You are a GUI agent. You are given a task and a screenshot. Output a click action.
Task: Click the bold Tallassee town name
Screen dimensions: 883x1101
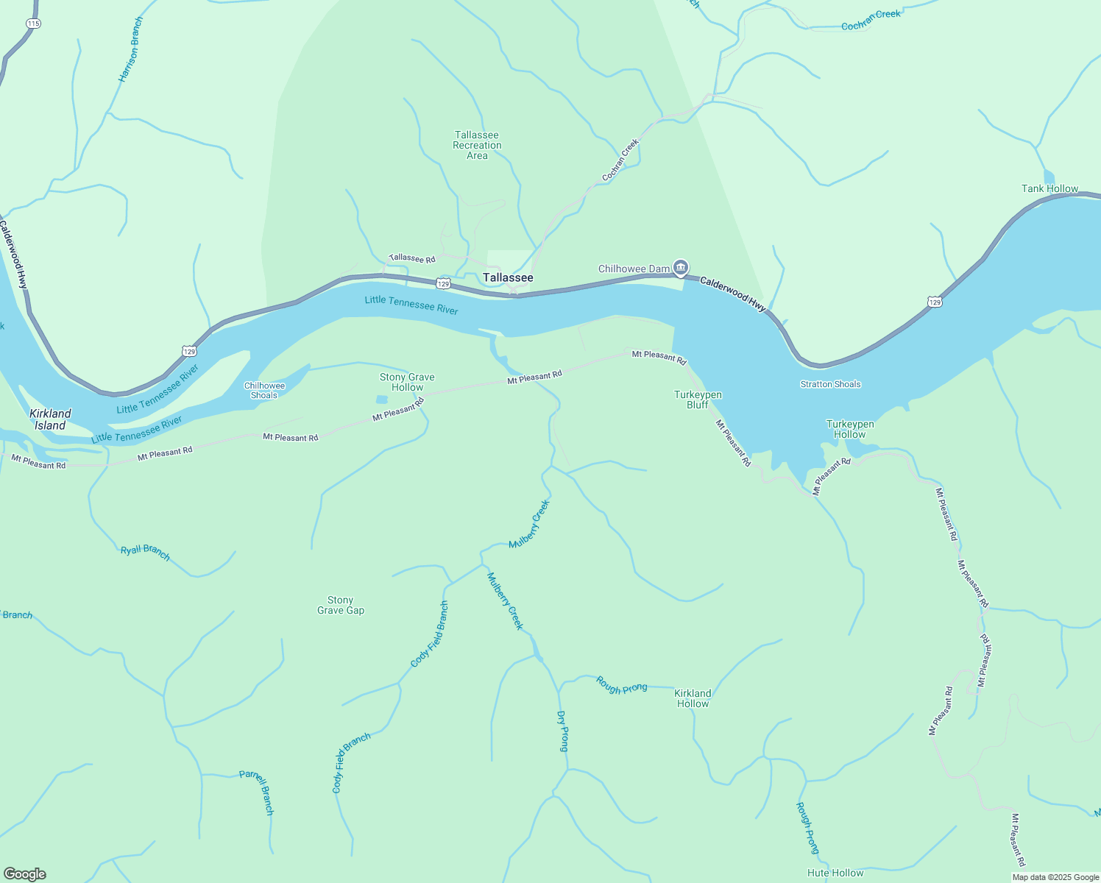click(x=508, y=277)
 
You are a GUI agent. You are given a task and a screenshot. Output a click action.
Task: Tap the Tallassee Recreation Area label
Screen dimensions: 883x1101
click(x=477, y=145)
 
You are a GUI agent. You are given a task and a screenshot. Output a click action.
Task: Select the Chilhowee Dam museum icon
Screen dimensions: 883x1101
click(x=681, y=267)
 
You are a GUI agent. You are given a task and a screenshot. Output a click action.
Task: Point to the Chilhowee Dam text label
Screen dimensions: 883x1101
click(x=634, y=269)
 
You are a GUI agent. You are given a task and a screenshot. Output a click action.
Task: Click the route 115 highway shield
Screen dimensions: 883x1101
click(x=33, y=24)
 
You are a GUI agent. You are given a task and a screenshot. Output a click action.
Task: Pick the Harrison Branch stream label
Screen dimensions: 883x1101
click(x=130, y=49)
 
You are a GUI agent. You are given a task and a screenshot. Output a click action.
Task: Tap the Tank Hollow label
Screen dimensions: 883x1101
click(x=1049, y=188)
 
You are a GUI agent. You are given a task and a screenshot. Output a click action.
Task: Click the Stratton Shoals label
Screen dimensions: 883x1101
click(x=830, y=384)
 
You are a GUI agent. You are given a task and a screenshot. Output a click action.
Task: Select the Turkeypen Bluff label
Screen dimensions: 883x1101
click(x=698, y=400)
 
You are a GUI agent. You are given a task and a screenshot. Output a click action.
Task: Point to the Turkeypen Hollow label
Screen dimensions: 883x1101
click(x=850, y=429)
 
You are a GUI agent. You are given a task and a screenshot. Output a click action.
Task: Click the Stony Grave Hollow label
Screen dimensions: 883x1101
click(x=407, y=382)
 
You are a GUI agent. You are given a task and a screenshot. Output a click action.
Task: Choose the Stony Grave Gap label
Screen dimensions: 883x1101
click(x=341, y=605)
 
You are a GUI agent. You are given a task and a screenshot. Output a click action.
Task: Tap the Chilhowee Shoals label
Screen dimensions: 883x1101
click(x=264, y=390)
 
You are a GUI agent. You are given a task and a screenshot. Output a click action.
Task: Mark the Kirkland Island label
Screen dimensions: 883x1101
click(x=50, y=419)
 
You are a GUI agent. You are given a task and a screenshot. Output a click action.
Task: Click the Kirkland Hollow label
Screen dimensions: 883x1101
click(x=693, y=698)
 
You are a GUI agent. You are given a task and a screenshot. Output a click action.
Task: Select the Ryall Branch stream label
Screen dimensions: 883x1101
click(x=145, y=553)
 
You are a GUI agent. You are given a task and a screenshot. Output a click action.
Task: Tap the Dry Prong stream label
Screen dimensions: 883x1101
click(x=563, y=731)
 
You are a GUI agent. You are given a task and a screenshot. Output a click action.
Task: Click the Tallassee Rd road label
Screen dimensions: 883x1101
click(x=412, y=258)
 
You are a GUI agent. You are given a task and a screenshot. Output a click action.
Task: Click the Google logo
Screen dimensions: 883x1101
click(x=25, y=874)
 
